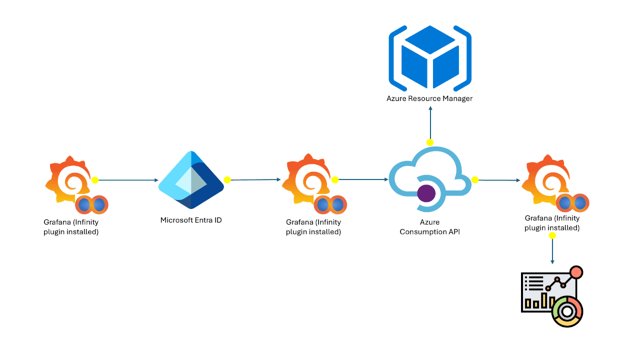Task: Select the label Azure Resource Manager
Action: pos(429,98)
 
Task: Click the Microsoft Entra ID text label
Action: pos(191,220)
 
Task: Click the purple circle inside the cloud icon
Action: pos(426,192)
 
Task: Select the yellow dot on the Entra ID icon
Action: pos(227,180)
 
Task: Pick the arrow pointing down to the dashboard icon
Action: pos(552,250)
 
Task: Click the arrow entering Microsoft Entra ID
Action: pos(127,180)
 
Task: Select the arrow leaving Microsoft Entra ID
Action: pos(255,179)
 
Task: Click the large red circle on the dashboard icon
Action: pos(576,272)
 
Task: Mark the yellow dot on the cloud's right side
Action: pos(475,179)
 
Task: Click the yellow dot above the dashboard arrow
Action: pos(552,235)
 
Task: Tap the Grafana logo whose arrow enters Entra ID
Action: pos(67,182)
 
